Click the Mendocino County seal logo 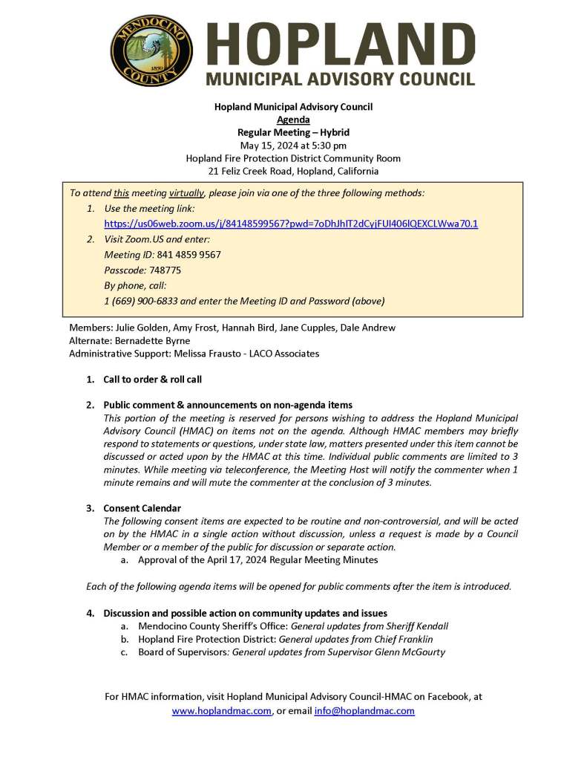coord(151,51)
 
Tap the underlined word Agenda coord(293,120)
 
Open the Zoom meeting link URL coord(291,223)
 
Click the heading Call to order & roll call coord(152,380)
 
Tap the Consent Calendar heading coord(142,508)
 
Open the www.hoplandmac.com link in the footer coord(222,711)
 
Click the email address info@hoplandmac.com coord(364,711)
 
